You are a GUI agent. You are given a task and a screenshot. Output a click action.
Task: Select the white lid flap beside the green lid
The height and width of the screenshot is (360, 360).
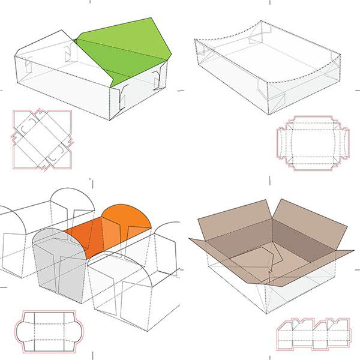[45, 45]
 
